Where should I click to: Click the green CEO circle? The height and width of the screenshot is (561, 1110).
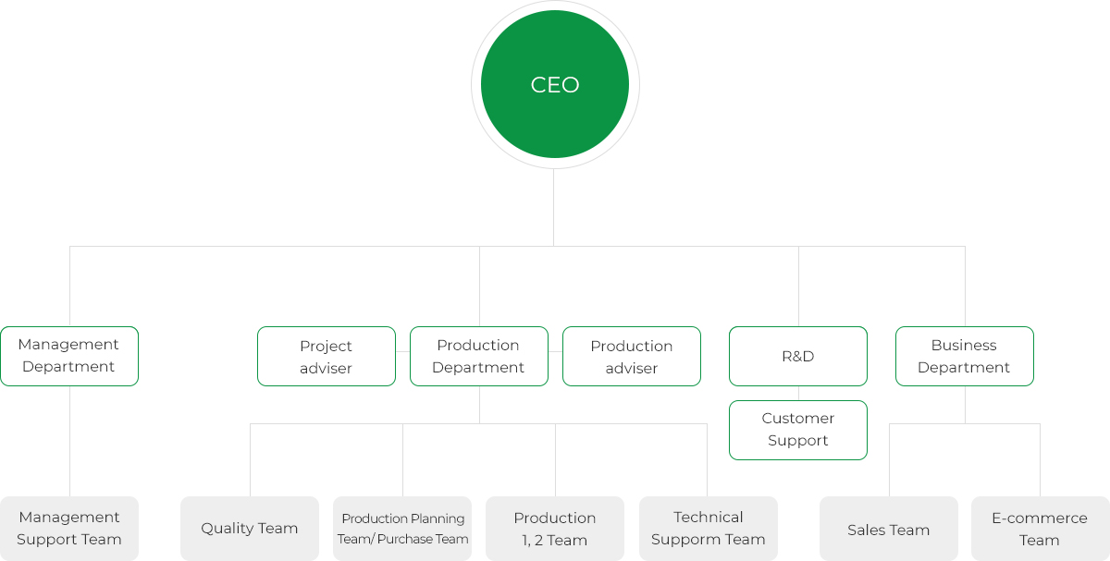[x=554, y=84]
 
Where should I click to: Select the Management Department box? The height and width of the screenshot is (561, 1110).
[x=69, y=356]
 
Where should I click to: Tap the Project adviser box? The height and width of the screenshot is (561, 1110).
[x=326, y=356]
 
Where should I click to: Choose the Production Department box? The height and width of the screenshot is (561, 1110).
[x=479, y=356]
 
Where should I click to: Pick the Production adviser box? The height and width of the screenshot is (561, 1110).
[x=631, y=356]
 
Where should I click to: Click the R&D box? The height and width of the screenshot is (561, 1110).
[x=797, y=356]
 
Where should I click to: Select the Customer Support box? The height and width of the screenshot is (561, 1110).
[x=797, y=430]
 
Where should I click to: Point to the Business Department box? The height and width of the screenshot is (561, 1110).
[x=964, y=356]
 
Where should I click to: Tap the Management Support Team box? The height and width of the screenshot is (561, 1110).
[x=69, y=529]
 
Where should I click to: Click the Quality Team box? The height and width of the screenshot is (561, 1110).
[x=250, y=529]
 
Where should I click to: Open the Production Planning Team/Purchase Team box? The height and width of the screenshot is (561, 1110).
[x=402, y=529]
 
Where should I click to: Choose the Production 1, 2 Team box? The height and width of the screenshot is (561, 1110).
[x=555, y=529]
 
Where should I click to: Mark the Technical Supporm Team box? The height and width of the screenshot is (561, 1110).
[x=709, y=529]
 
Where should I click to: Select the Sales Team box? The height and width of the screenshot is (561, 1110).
[x=889, y=529]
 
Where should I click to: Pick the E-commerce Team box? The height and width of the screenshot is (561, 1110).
[x=1040, y=529]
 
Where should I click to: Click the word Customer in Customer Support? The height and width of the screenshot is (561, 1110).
[x=797, y=419]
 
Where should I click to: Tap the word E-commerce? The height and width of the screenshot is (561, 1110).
[x=1040, y=518]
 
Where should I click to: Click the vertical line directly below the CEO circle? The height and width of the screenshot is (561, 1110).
[x=553, y=207]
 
